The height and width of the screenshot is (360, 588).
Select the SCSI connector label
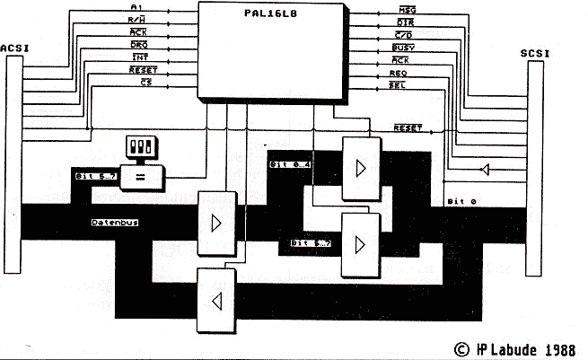pyautogui.click(x=536, y=55)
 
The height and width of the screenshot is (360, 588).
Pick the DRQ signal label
pyautogui.click(x=139, y=44)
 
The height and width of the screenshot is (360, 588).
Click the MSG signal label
pyautogui.click(x=405, y=8)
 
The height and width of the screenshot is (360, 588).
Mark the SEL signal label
pyautogui.click(x=399, y=83)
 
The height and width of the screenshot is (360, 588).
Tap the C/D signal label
pyautogui.click(x=404, y=32)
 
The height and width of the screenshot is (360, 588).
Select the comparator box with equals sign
pyautogui.click(x=141, y=176)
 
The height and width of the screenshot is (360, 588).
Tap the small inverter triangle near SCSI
pyautogui.click(x=484, y=169)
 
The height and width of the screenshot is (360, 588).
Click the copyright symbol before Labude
pyautogui.click(x=462, y=347)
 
